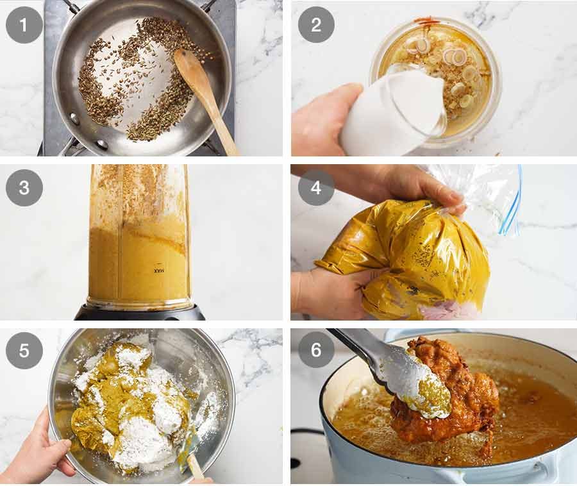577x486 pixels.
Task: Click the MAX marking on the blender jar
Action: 158,271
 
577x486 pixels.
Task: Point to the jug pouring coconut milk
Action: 391,112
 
